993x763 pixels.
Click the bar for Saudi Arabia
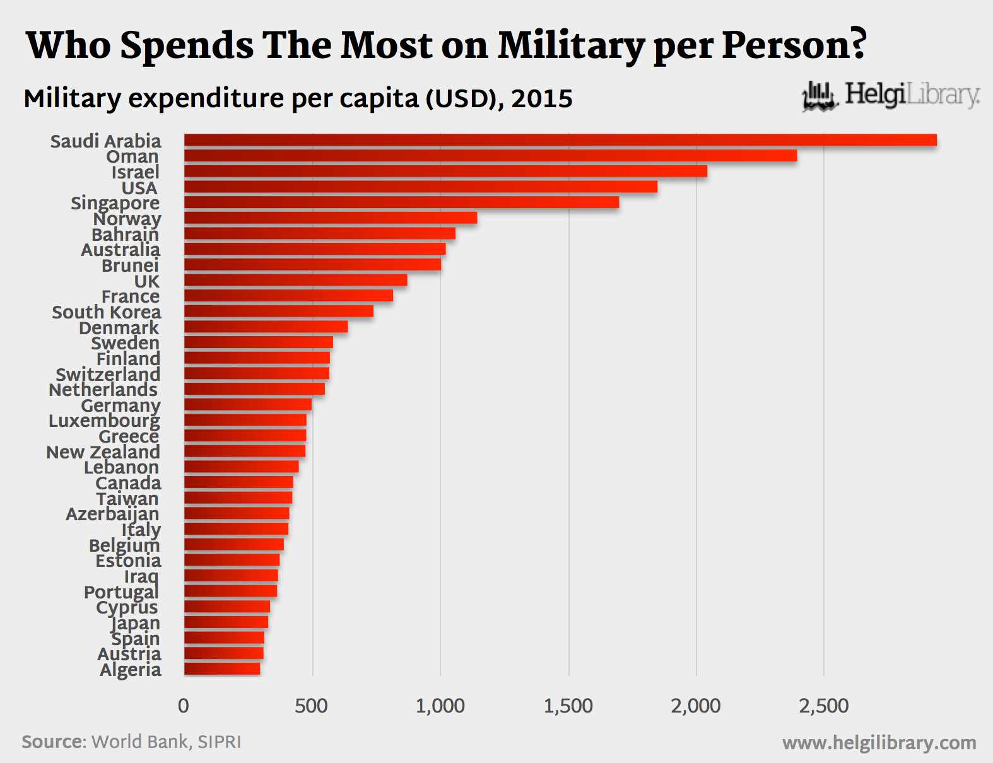pos(560,140)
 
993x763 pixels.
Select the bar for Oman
pos(490,156)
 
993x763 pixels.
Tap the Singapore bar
pos(401,202)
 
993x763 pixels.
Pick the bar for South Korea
pos(278,312)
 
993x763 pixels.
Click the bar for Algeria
pos(222,669)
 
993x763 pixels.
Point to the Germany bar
pos(248,405)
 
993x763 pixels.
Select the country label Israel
pos(135,172)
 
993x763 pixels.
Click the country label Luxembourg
pos(104,421)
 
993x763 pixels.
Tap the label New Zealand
pos(103,452)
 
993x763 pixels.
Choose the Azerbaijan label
pos(112,514)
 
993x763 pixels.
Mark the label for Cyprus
pos(127,608)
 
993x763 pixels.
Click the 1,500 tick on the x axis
pos(568,706)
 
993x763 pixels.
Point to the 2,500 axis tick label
pos(823,706)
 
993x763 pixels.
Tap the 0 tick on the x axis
pos(184,706)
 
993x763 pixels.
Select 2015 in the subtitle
pos(542,99)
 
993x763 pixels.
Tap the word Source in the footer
pos(53,742)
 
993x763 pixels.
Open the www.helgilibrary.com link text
pos(879,743)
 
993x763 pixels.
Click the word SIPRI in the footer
pos(219,742)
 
